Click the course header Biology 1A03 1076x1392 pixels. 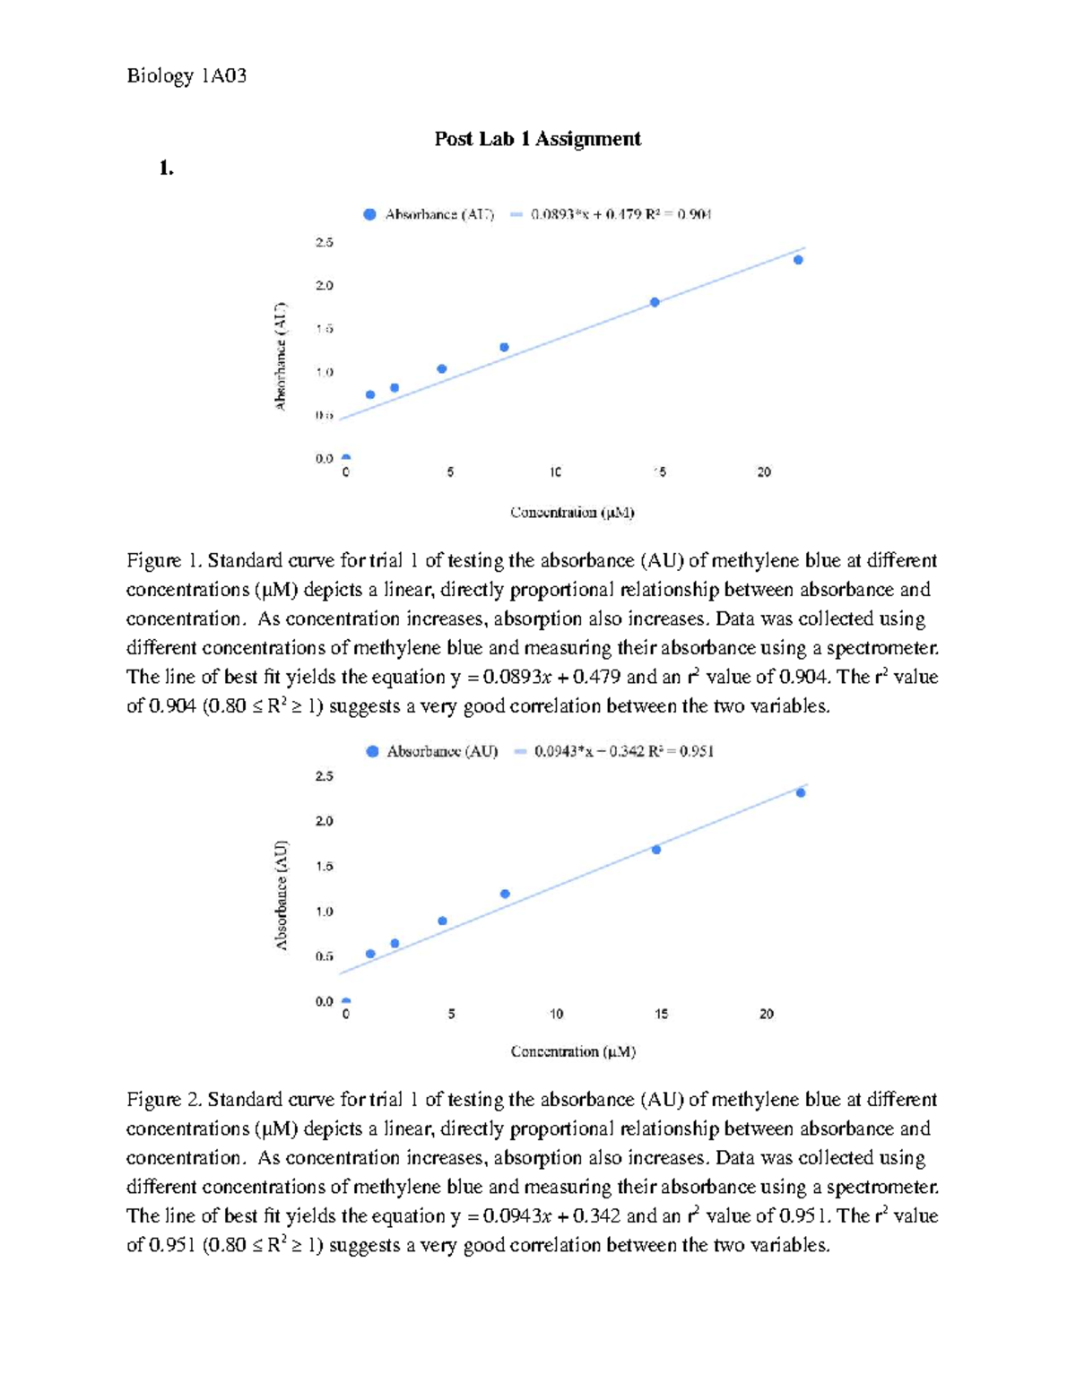(187, 75)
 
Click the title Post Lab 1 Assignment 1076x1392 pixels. (537, 139)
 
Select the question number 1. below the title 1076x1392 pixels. (166, 168)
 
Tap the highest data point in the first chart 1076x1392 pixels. (798, 260)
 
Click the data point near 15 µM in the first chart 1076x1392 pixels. (655, 302)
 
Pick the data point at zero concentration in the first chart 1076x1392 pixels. (346, 457)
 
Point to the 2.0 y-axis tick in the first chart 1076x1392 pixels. (324, 286)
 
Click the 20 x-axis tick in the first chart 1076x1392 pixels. (764, 472)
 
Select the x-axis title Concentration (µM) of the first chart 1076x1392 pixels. (572, 513)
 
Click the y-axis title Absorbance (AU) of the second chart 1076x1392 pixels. (282, 895)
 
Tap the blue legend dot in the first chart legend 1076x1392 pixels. (369, 214)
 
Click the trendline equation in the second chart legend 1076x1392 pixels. (623, 751)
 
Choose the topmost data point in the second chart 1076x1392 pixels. (801, 792)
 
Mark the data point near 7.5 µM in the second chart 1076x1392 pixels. (505, 894)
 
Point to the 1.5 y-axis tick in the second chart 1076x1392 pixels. (324, 867)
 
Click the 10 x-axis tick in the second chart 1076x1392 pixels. (556, 1014)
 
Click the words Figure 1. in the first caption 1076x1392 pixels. (165, 561)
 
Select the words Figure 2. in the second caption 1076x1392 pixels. (165, 1100)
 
